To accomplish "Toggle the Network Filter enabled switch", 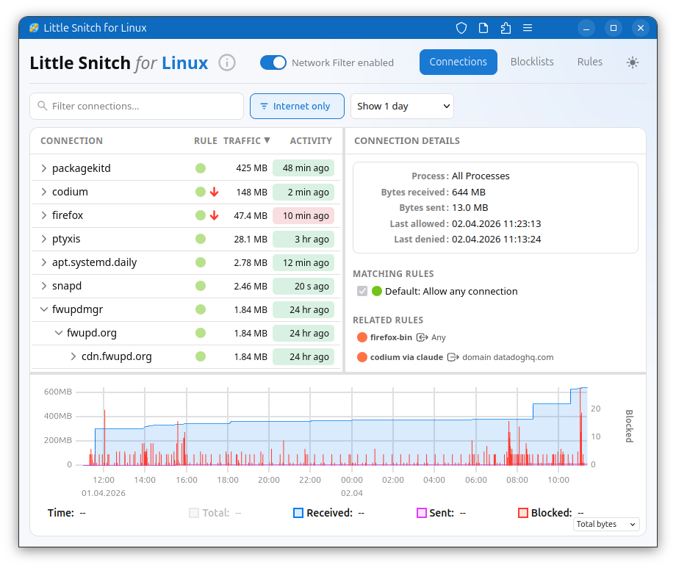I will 273,62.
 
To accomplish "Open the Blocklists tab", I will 532,62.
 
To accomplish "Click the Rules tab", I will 589,62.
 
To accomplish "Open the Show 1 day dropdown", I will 402,106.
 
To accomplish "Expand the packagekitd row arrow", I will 43,168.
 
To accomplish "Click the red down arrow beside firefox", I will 215,215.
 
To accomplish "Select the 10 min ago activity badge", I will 303,215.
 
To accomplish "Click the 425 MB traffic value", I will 251,168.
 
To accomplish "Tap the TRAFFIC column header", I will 246,140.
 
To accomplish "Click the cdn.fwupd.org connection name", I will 116,356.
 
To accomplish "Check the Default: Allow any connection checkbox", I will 362,291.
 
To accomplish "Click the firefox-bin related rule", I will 391,337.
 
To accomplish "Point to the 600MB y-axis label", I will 58,392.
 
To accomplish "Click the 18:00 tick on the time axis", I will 228,480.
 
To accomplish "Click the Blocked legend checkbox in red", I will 523,513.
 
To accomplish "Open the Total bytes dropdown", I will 606,524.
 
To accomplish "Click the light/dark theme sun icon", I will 633,62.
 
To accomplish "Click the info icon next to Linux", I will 228,62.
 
